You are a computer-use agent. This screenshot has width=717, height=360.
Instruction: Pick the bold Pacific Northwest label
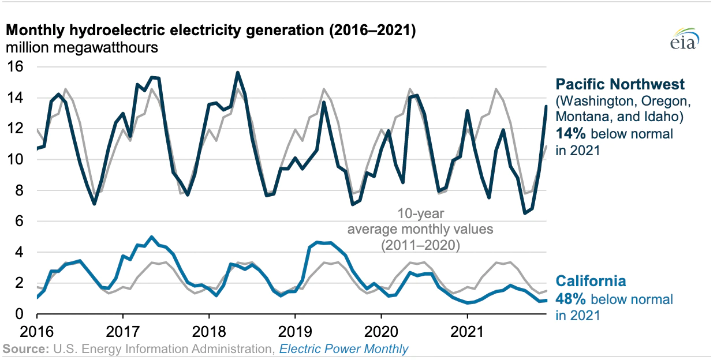tap(620, 85)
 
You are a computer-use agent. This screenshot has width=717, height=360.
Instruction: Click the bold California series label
tap(591, 282)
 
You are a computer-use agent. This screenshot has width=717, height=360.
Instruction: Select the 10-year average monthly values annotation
tap(404, 229)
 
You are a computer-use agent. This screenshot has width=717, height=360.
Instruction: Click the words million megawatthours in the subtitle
tap(81, 48)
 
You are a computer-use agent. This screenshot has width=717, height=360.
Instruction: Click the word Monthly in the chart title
tap(33, 31)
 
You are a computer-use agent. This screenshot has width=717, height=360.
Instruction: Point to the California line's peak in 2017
tap(151, 237)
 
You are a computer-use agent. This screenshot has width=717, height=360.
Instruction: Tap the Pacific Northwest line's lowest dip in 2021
tap(525, 213)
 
